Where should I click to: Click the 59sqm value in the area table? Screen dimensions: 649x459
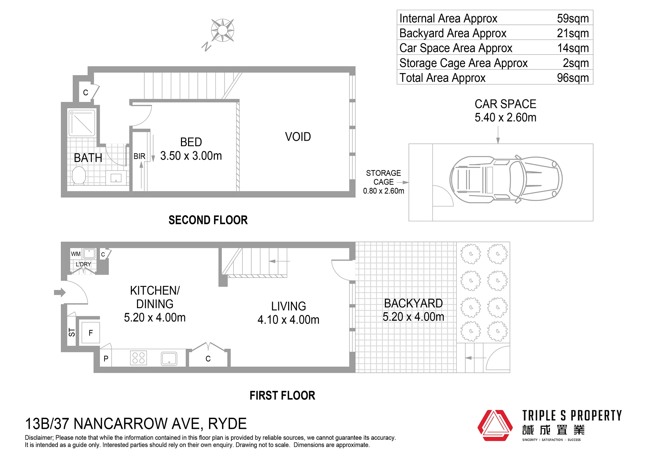573,18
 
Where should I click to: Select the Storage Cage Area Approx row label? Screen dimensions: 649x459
463,63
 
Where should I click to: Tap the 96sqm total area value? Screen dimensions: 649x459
573,78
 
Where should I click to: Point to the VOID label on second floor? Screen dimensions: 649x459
298,137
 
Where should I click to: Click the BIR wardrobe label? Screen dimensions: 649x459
139,156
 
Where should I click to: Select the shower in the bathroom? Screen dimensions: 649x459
82,123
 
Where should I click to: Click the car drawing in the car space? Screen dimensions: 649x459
506,179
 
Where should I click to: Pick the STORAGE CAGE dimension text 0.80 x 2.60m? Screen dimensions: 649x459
384,191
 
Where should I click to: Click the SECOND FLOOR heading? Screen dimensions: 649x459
208,220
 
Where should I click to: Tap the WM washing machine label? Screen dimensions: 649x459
76,254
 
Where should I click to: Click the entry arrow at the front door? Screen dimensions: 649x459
60,292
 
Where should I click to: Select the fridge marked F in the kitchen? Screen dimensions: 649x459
90,332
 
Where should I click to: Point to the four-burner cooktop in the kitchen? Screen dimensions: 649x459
138,358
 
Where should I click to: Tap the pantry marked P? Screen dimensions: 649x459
106,358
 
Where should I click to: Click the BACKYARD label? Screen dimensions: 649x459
413,303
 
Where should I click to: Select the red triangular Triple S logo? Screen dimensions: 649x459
495,426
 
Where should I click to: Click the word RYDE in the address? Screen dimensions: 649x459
227,424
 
